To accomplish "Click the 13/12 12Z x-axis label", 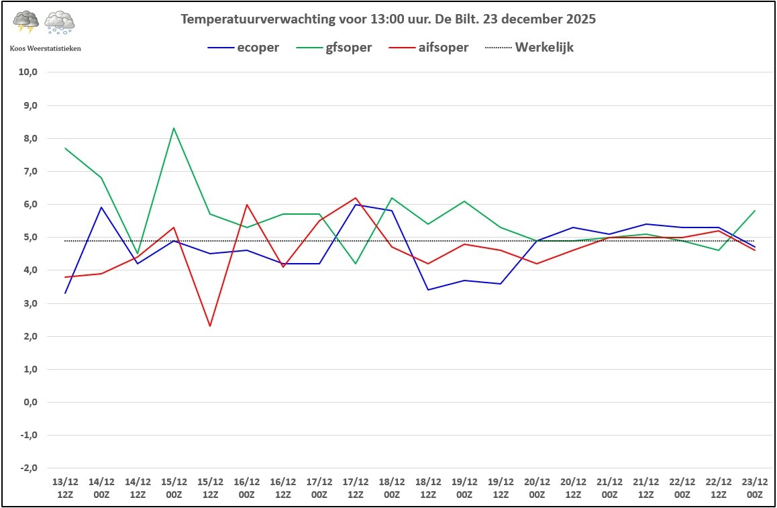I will point(65,488).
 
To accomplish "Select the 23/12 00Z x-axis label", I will point(755,488).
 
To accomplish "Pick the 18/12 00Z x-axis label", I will point(392,488).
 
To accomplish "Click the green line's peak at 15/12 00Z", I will point(174,128).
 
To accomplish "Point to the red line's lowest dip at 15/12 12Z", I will point(210,326).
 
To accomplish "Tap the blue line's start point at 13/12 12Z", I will point(65,293).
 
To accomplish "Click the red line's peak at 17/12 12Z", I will point(356,198).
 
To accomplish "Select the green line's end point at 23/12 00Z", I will point(755,211).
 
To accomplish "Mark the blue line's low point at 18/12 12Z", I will point(428,290).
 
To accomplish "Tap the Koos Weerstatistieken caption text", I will point(46,48).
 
